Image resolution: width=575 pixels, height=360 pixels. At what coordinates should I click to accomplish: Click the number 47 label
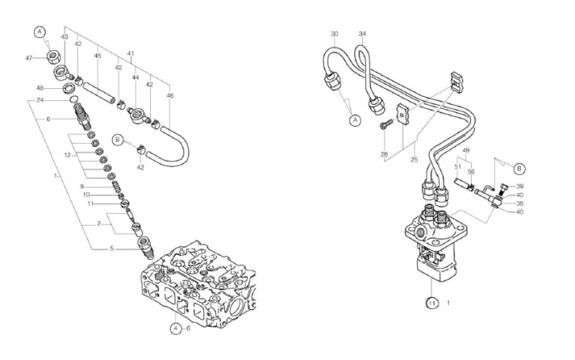pos(29,58)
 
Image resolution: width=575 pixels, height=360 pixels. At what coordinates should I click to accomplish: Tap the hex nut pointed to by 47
pos(53,57)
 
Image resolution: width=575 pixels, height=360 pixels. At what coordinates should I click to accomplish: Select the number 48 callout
pos(41,87)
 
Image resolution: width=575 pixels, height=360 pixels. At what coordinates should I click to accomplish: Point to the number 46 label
pos(170,96)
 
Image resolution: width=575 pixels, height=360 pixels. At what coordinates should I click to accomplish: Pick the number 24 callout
pos(40,100)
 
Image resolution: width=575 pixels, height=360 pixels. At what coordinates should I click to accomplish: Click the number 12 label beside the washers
pos(67,155)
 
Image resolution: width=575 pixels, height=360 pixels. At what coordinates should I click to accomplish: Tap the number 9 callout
pos(82,187)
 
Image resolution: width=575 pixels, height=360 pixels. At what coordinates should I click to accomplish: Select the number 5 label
pos(112,249)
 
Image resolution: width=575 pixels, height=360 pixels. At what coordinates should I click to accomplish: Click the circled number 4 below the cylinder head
pos(176,328)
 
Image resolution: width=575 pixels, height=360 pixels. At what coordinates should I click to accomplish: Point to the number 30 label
pos(334,33)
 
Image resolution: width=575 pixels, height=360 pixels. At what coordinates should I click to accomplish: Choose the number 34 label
pos(362,33)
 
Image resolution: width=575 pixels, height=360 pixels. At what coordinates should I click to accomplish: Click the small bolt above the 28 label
pos(386,124)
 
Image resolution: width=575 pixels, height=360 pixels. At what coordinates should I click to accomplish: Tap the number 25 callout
pos(414,160)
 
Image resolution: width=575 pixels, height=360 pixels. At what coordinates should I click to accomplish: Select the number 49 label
pos(465,150)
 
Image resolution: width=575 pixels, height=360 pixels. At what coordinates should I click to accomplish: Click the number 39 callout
pos(519,186)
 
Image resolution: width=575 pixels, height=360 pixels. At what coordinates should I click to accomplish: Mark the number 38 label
pos(519,203)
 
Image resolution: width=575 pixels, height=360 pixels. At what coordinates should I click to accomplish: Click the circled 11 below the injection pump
pos(432,303)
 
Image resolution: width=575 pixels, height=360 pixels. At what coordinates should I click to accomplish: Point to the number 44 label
pos(136,77)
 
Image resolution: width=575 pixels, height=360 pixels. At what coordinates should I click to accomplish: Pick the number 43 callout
pos(64,37)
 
